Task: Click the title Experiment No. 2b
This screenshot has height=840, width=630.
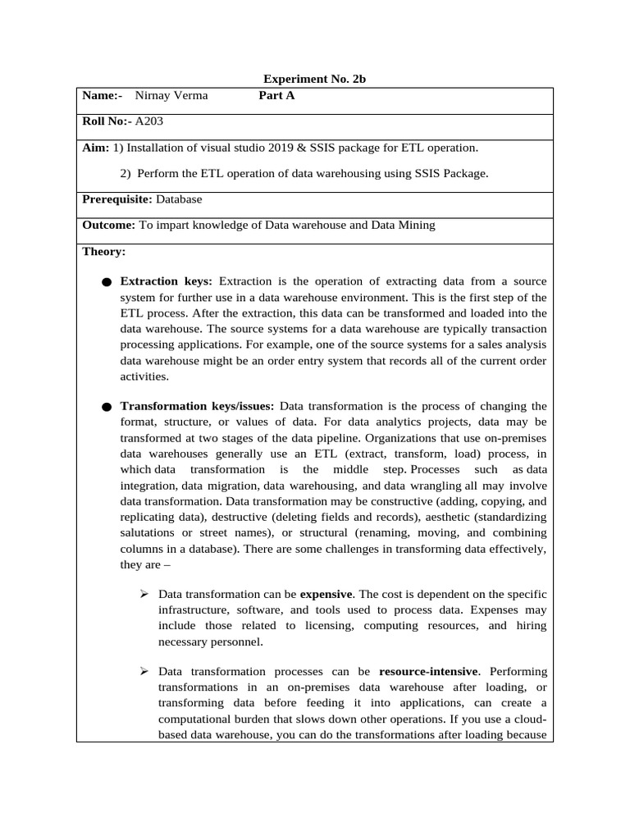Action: coord(319,80)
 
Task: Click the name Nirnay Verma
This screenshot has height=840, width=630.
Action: coord(171,95)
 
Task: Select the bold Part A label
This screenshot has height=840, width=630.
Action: coord(276,95)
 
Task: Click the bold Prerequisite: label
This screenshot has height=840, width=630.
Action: coord(117,199)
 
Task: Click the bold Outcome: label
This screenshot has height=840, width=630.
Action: coord(109,224)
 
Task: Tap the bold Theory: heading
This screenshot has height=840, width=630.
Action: coord(104,251)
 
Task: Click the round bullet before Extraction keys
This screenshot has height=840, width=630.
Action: coord(107,282)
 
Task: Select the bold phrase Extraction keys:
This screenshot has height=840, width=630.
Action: coord(167,281)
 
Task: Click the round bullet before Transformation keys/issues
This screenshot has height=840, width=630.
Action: coord(107,407)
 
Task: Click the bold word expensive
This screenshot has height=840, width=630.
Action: coord(326,594)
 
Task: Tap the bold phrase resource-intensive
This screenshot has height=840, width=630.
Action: coord(428,672)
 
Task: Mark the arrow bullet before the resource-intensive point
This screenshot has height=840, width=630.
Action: coord(144,672)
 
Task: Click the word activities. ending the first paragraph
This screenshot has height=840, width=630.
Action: coord(145,376)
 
